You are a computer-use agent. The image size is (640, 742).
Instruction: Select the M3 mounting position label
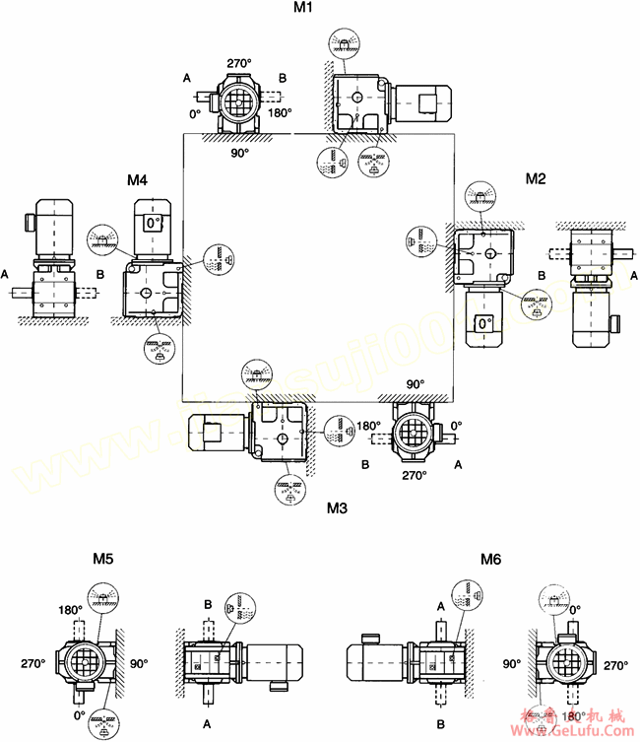click(337, 508)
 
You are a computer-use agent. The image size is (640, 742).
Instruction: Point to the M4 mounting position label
click(137, 179)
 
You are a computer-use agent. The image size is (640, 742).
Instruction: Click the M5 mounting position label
click(103, 559)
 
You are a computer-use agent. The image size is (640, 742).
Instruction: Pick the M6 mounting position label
click(491, 560)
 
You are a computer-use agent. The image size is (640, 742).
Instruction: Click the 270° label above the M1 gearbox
click(239, 62)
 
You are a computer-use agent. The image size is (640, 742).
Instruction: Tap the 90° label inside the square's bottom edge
click(415, 384)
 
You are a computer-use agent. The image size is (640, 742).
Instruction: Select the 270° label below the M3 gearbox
click(415, 475)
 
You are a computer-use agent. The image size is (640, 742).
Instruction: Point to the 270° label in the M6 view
click(615, 664)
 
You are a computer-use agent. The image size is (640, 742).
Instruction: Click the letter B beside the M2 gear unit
click(541, 275)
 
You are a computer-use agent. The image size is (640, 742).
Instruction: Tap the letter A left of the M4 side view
click(7, 272)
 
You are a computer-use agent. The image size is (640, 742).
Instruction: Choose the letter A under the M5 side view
click(207, 722)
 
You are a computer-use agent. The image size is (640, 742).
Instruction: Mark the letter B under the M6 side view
click(440, 722)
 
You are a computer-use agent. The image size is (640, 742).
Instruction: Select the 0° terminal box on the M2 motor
click(481, 323)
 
